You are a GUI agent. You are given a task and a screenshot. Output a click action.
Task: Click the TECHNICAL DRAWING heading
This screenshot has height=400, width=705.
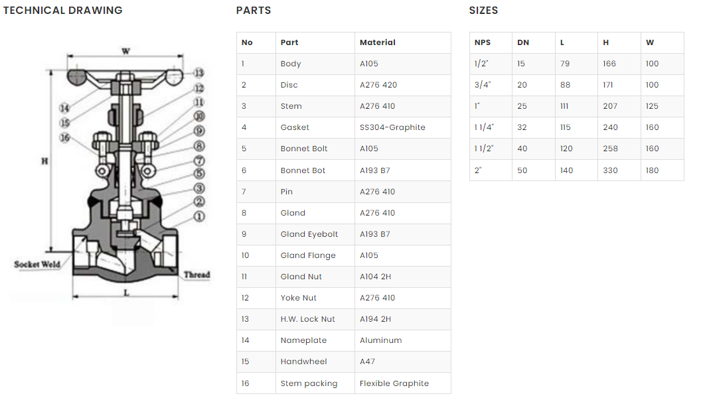coord(63,11)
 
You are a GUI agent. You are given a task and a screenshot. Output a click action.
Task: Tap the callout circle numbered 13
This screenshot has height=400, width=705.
coord(198,74)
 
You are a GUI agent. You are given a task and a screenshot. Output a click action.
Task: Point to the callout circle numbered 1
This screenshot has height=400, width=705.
coord(199,216)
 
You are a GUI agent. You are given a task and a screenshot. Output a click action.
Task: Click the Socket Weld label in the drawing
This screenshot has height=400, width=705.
coord(37,265)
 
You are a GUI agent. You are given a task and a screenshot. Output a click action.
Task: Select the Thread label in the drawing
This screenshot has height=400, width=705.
coord(196,275)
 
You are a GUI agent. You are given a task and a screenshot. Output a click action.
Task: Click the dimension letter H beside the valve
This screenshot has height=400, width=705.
coord(44,161)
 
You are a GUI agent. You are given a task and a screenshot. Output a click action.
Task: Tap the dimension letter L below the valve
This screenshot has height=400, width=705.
coord(126,293)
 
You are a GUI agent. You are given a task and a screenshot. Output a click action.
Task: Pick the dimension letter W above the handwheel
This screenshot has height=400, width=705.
coord(125,51)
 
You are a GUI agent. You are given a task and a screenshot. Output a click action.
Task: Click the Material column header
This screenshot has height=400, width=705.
coord(377,42)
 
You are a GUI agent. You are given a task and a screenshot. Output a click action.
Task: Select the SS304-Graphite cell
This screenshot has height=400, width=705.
coord(392,127)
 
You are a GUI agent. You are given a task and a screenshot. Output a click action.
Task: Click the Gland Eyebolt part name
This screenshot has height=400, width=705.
coord(309,234)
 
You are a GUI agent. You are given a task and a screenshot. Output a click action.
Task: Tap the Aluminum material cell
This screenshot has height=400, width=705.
coord(380,340)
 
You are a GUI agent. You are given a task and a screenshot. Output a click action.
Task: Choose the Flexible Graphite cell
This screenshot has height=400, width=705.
coord(394,383)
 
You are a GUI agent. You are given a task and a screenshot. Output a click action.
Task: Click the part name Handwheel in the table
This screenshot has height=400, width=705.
coord(303,362)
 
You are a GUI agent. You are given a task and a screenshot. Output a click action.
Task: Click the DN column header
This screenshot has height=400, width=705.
coord(523,42)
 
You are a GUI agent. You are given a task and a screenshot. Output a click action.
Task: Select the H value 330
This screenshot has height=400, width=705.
coord(610,170)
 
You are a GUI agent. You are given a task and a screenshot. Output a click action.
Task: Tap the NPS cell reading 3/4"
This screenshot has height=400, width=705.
coord(482,85)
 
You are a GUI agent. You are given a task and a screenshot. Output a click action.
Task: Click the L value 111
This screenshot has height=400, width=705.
coord(565,106)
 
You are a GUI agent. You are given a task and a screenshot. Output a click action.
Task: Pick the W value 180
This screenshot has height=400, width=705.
coord(652,170)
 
